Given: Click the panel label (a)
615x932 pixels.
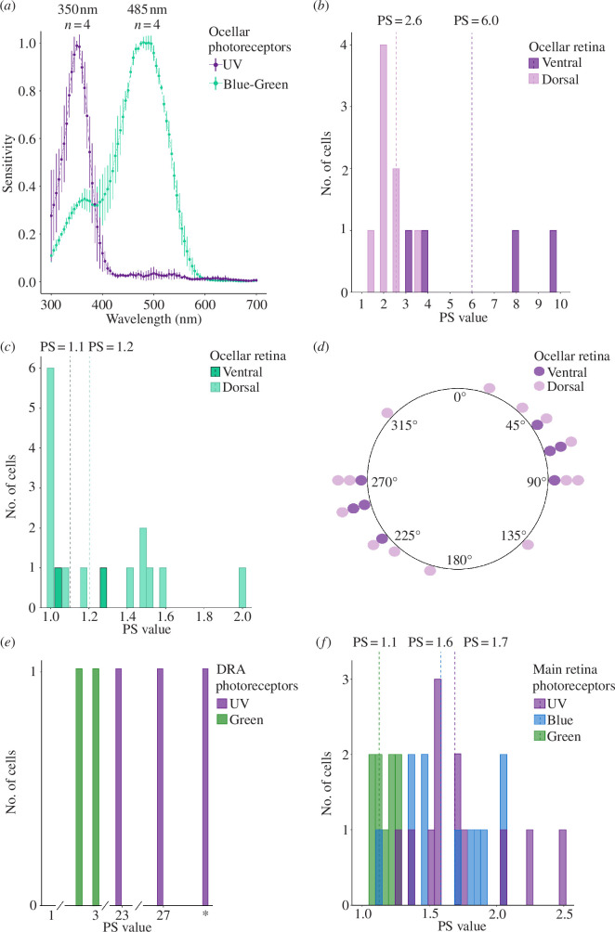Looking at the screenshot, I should tap(15, 9).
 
